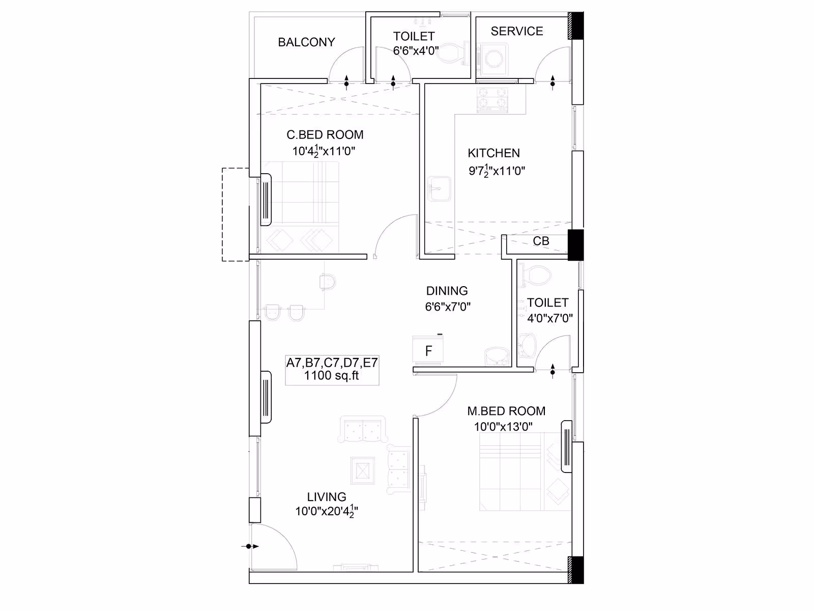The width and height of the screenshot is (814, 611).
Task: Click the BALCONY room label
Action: (306, 42)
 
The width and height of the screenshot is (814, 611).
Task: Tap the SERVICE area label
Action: (516, 31)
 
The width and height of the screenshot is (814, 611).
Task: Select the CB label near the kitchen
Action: (541, 241)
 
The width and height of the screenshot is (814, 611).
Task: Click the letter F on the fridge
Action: (428, 351)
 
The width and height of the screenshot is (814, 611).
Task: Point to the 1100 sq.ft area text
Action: (332, 375)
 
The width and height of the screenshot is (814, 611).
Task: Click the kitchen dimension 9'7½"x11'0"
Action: (497, 171)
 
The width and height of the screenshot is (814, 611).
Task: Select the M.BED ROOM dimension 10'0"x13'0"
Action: (503, 427)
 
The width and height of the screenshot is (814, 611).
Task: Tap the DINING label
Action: (447, 291)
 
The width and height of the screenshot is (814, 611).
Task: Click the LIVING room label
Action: (326, 497)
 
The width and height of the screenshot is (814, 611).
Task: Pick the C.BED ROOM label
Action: (325, 134)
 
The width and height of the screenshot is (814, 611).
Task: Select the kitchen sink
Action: (439, 189)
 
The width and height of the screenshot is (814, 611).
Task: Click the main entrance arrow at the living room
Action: (250, 546)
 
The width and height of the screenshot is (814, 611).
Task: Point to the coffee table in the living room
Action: (362, 471)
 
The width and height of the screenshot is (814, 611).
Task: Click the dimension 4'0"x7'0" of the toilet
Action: (550, 318)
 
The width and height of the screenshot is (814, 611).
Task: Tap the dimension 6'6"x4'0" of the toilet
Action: (416, 51)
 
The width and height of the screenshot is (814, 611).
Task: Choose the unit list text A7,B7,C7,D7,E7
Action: (332, 363)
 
